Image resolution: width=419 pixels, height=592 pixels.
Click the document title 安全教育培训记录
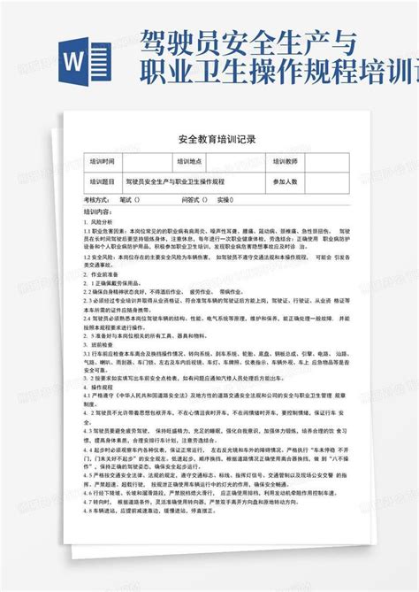coord(209,140)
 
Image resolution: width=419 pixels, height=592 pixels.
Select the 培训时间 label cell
coord(103,162)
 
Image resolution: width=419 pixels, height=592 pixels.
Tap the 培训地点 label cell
coord(191,162)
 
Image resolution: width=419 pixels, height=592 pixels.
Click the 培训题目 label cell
coord(103,181)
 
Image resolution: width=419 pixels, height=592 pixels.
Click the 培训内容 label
coord(98,213)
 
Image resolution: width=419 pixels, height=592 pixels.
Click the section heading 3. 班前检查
coord(103,342)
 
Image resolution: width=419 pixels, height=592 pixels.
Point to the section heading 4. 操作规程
coord(103,388)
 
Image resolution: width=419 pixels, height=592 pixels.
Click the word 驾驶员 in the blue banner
coord(171,40)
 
